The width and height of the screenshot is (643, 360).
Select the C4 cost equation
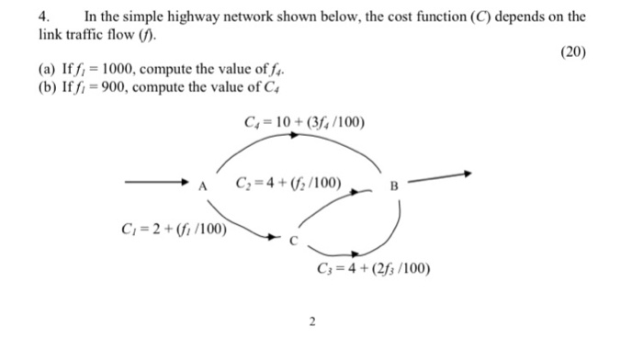(x=304, y=120)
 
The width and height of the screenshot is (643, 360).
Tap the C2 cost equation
(x=288, y=184)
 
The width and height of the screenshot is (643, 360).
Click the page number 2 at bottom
(x=312, y=321)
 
